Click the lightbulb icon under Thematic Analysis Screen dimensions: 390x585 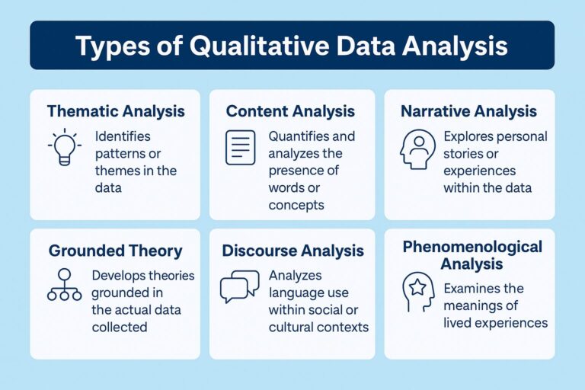[65, 147]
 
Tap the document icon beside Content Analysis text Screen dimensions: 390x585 [240, 147]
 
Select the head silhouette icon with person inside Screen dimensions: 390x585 [416, 149]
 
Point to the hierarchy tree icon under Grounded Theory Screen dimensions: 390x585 [63, 284]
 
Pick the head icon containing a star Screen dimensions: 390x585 [416, 290]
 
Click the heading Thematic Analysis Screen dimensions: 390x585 [116, 111]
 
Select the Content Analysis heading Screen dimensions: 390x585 [290, 111]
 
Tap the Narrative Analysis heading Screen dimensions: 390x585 [468, 111]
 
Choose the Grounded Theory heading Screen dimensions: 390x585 [115, 251]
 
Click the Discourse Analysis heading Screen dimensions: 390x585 [292, 251]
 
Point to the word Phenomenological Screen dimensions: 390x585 [472, 247]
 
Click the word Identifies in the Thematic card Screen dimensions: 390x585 [123, 137]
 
